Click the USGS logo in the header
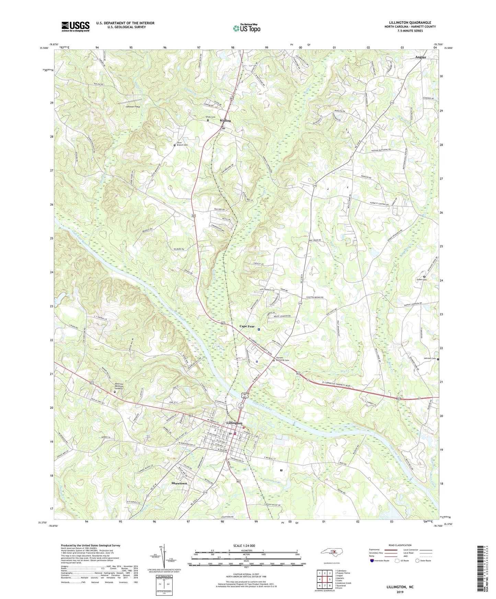[75, 26]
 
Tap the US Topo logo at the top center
[246, 28]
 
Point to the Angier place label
[420, 57]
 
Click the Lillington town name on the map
[234, 423]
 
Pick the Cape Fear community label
[247, 326]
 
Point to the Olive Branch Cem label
[182, 144]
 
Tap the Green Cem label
[422, 280]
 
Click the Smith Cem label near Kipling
[210, 117]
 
